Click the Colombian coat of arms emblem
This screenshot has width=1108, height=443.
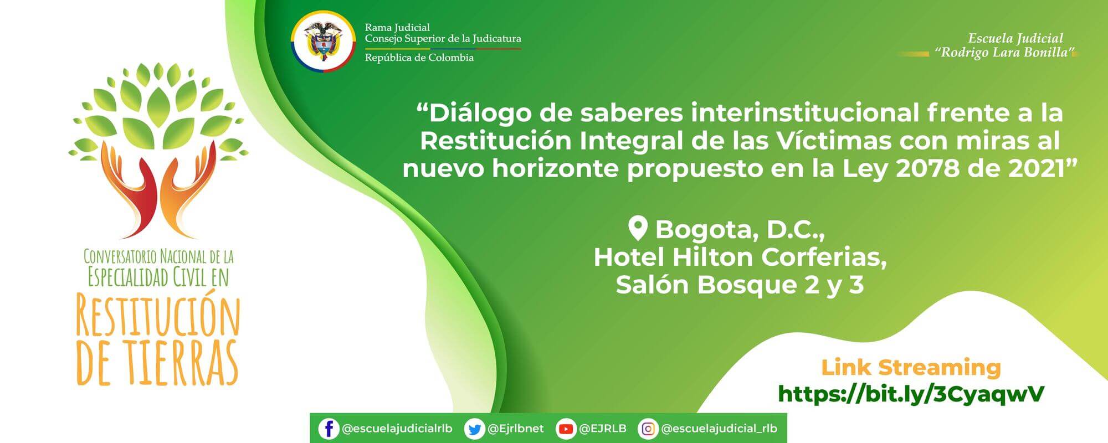pos(324,42)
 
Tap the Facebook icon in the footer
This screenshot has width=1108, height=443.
pos(329,429)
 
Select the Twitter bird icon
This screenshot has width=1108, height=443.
pos(474,429)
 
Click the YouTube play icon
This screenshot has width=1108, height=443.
pos(566,429)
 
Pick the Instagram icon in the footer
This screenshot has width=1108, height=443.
pos(648,429)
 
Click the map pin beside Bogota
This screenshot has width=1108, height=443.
pos(638,228)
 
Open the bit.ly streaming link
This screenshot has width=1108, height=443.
pos(911,394)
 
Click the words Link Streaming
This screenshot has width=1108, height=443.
pos(911,367)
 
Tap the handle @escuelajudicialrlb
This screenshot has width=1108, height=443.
pos(397,429)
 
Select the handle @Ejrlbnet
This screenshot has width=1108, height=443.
pos(516,429)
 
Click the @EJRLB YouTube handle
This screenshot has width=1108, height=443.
pos(603,429)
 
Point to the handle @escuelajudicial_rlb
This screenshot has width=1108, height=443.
pos(719,429)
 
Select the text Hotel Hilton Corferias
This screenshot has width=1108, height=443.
pos(740,257)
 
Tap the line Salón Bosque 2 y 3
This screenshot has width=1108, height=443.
pos(740,285)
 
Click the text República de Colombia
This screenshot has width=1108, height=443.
pos(419,58)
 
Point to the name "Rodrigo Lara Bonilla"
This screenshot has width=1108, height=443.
pos(1005,53)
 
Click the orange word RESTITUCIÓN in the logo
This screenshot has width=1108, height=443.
pos(158,316)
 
